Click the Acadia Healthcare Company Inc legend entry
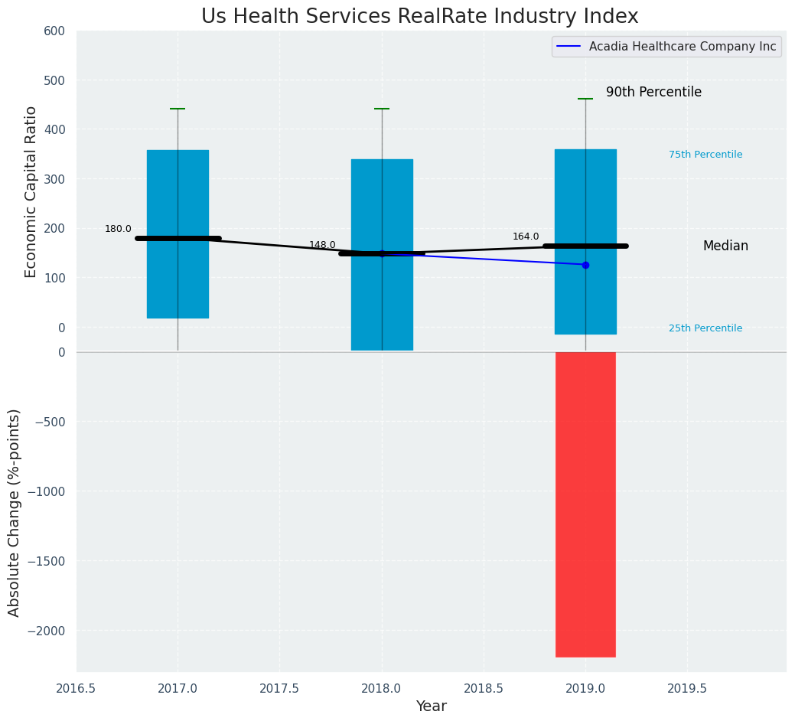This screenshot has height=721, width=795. (x=682, y=47)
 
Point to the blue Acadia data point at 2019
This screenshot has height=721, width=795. (x=585, y=265)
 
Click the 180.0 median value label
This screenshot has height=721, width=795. (x=118, y=229)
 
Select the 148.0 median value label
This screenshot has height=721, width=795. (x=322, y=245)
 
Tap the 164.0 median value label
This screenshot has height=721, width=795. (x=526, y=237)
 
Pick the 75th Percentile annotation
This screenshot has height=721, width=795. (x=705, y=155)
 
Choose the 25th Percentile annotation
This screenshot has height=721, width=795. (x=705, y=328)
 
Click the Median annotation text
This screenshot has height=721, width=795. (x=725, y=246)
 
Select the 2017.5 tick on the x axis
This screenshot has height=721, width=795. (x=279, y=688)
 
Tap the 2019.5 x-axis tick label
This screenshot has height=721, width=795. (x=686, y=688)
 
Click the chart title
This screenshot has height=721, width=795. (x=419, y=16)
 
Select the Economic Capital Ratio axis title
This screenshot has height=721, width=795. (x=31, y=191)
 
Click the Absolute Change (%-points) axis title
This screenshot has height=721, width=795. (x=15, y=512)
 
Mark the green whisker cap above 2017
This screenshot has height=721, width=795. (x=178, y=109)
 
